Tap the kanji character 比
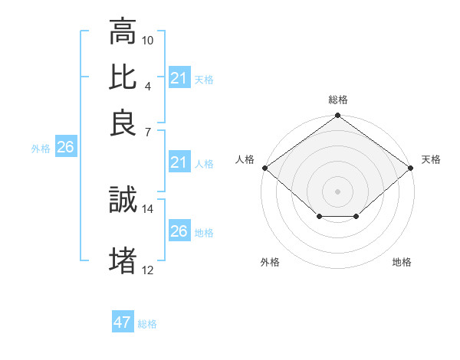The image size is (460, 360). [x=123, y=77]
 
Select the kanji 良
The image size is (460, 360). [x=123, y=123]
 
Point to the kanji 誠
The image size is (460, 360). [x=123, y=200]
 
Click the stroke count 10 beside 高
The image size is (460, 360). [x=148, y=40]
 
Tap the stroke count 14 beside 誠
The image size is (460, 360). [x=148, y=208]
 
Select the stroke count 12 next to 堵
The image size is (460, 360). [x=148, y=270]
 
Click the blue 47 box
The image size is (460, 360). [x=123, y=322]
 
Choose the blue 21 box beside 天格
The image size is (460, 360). [x=179, y=78]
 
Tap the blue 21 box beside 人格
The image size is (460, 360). [x=179, y=162]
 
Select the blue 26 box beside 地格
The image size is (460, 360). [x=179, y=231]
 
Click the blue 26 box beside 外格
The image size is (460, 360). [x=65, y=148]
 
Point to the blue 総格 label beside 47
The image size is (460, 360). [x=147, y=324]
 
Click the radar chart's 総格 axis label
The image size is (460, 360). [x=338, y=100]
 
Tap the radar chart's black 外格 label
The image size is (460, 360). [x=270, y=262]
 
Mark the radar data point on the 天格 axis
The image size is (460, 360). [x=412, y=168]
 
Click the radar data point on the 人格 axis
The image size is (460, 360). [x=264, y=168]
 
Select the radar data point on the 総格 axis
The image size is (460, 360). [x=338, y=116]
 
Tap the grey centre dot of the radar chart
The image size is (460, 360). [x=338, y=191]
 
